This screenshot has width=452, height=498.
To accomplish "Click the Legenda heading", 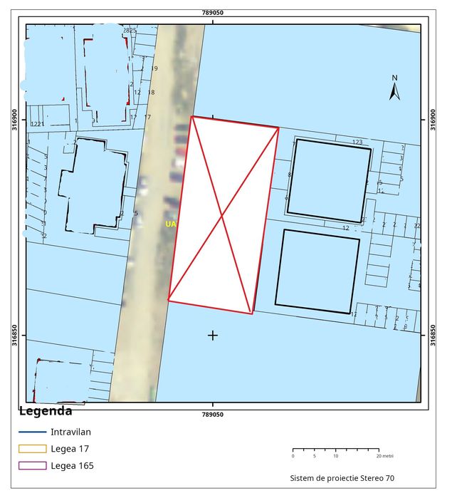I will (x=45, y=411).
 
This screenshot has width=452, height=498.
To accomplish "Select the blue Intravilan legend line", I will (x=31, y=432).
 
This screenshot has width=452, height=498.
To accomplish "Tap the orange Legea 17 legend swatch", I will (x=31, y=449).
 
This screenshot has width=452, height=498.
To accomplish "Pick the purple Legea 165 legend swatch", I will (x=31, y=466).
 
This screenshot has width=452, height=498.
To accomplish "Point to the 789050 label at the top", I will (x=212, y=13).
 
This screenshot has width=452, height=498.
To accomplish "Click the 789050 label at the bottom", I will (x=212, y=414).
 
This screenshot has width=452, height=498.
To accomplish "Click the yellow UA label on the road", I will (x=170, y=224).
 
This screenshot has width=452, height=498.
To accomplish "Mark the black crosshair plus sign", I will (x=212, y=335).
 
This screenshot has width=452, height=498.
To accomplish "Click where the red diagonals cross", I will (x=223, y=214).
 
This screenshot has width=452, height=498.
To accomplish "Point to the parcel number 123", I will (x=357, y=142).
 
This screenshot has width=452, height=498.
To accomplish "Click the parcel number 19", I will (x=154, y=68).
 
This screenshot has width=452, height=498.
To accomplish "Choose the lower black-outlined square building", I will (x=317, y=271).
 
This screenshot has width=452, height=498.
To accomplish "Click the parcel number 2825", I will (x=129, y=31).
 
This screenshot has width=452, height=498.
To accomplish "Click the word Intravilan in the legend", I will (x=70, y=432).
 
